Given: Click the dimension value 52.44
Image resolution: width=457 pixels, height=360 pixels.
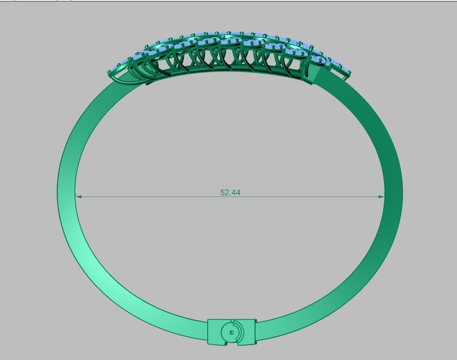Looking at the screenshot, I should point(230,192).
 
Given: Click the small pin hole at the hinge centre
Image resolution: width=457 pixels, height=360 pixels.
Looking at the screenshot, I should point(231,333).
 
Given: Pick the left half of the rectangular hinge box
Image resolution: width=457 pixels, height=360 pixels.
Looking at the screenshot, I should point(215,332).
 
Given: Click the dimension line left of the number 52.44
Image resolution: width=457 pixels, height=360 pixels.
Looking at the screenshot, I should point(148,196).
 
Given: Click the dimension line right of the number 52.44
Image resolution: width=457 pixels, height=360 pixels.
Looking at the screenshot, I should point(313,196).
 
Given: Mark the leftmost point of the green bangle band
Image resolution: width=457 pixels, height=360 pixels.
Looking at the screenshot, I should point(58,192).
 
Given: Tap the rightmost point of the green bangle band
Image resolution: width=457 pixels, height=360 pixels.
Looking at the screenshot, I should point(402,192).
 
